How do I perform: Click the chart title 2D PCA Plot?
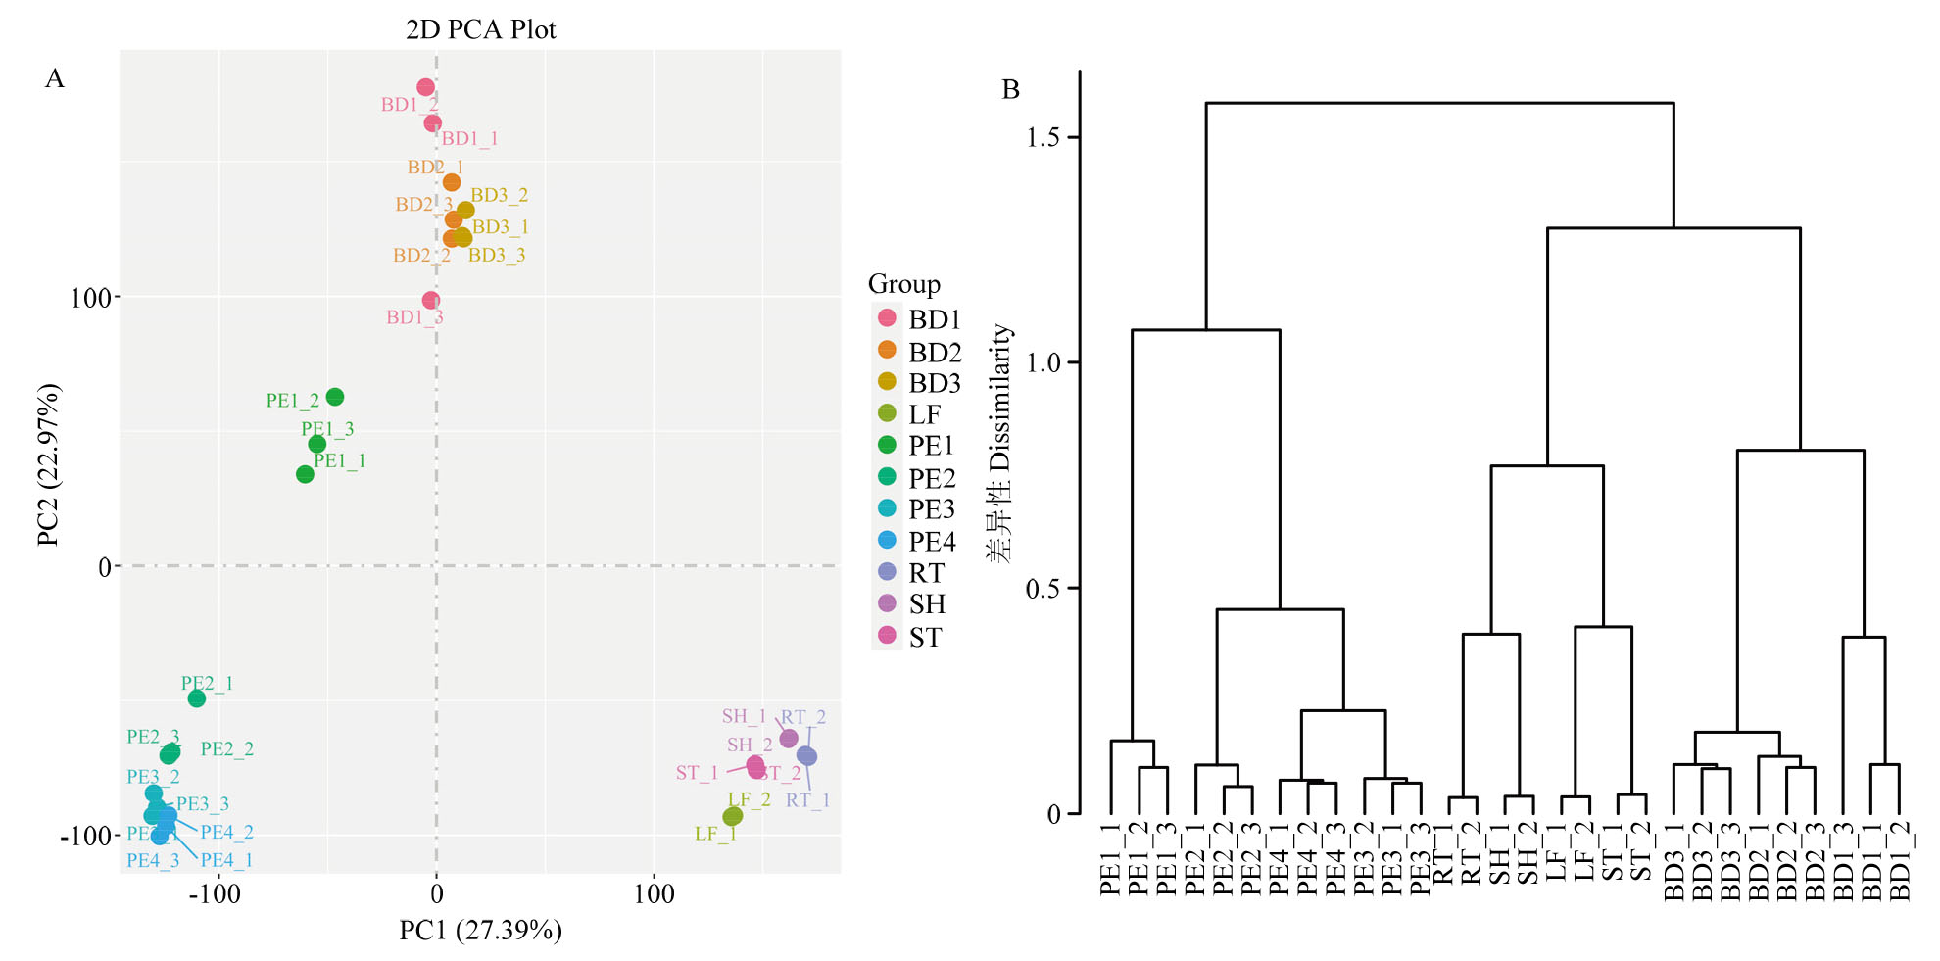pos(480,29)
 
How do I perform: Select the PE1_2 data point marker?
pos(335,397)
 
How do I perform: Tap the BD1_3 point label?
pos(414,317)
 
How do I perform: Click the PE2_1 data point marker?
pos(197,698)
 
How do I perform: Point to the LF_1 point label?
pos(714,834)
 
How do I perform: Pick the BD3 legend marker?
pos(887,382)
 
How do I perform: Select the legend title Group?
pos(903,284)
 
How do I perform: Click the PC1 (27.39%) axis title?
pos(480,930)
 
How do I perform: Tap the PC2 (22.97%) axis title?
pos(49,464)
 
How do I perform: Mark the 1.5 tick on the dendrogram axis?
pos(1043,137)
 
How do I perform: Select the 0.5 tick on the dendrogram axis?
pos(1043,589)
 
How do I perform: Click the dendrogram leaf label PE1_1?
pos(1110,860)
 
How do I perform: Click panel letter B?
pos(1011,90)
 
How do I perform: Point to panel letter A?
pos(55,78)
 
